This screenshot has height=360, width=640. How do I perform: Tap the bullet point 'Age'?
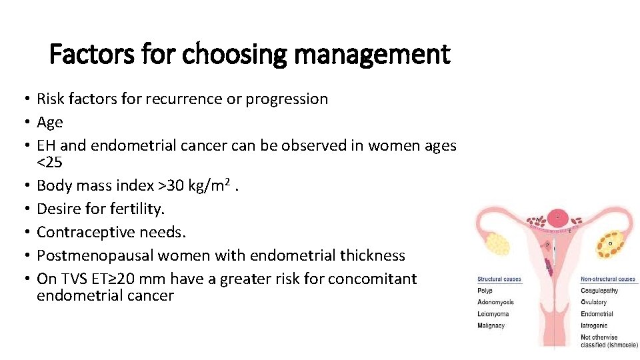click(x=50, y=122)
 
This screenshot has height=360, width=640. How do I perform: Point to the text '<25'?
click(x=50, y=162)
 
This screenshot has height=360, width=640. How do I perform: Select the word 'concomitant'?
click(x=376, y=279)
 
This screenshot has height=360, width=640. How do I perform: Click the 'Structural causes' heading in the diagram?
click(x=499, y=279)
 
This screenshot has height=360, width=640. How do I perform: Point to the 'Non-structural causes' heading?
click(x=608, y=279)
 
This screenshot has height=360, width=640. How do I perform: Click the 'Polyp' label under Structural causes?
click(x=485, y=291)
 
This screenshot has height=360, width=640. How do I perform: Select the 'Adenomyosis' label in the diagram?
click(x=496, y=303)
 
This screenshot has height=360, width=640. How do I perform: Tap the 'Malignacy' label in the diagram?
click(x=491, y=326)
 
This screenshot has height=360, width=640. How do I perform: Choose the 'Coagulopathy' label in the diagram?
click(x=599, y=291)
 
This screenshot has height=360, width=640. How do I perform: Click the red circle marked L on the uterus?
click(x=557, y=216)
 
